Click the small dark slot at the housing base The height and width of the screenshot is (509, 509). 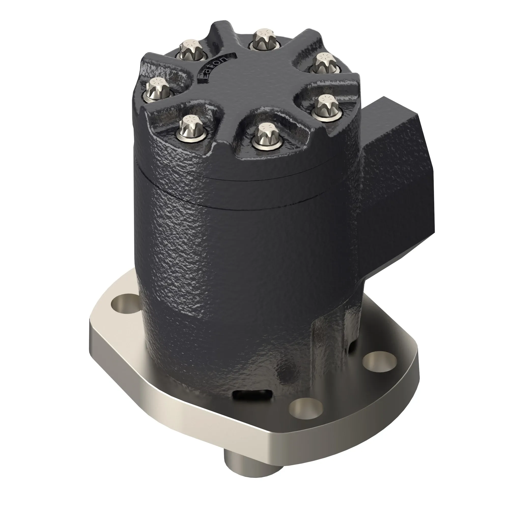tap(251, 402)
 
